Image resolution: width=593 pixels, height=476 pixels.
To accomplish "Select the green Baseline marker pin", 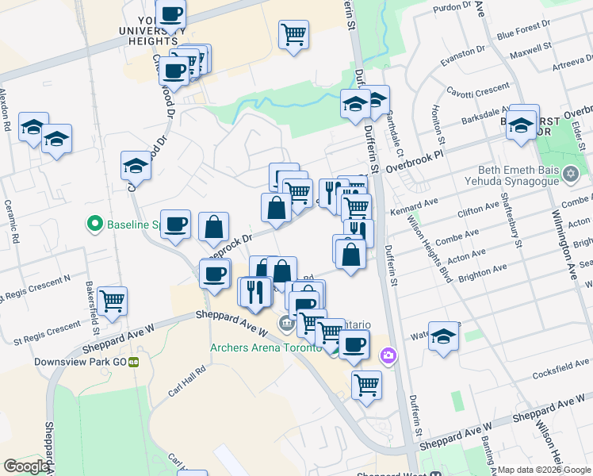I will coord(94,225).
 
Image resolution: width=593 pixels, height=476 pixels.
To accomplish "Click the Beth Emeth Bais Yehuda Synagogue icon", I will coord(571,172).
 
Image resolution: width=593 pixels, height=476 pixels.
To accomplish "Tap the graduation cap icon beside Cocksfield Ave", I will coord(444,334).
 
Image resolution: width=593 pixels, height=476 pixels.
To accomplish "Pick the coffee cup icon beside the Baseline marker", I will coord(175,224).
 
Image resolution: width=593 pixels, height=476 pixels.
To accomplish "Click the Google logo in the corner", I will coord(25,466).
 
